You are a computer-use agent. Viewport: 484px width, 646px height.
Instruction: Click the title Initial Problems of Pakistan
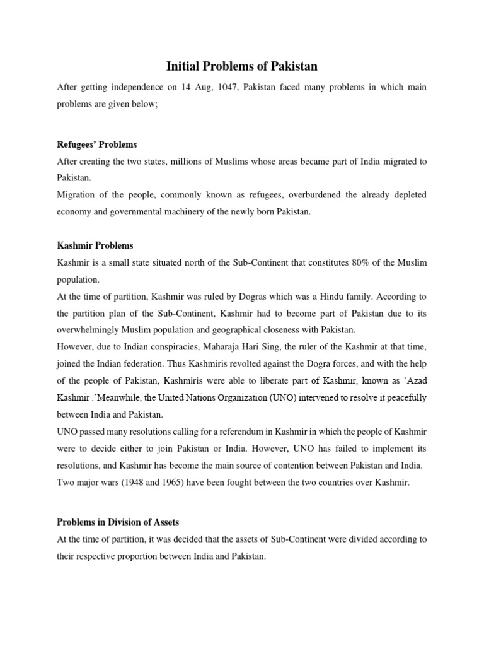click(x=241, y=66)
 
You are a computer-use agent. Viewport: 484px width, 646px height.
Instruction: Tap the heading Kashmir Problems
click(x=95, y=245)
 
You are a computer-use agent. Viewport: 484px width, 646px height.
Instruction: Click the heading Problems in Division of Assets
click(x=118, y=504)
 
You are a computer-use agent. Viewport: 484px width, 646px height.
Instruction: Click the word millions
click(x=193, y=161)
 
